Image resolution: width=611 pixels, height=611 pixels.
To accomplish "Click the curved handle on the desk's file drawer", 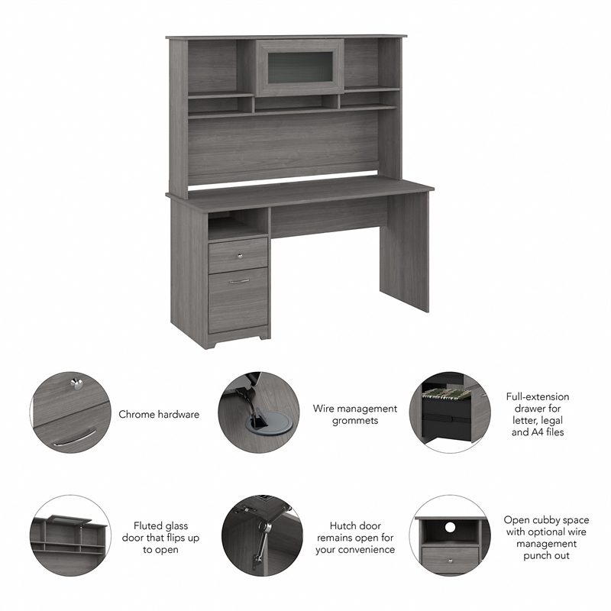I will click(239, 281).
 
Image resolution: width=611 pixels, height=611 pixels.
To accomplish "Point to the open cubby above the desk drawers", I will click(237, 227).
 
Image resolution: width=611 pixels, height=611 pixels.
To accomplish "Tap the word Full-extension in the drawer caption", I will click(538, 396).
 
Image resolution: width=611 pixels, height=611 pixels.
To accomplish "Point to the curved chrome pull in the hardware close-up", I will click(75, 437).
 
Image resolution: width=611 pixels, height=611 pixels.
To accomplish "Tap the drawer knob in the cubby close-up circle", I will click(451, 561).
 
